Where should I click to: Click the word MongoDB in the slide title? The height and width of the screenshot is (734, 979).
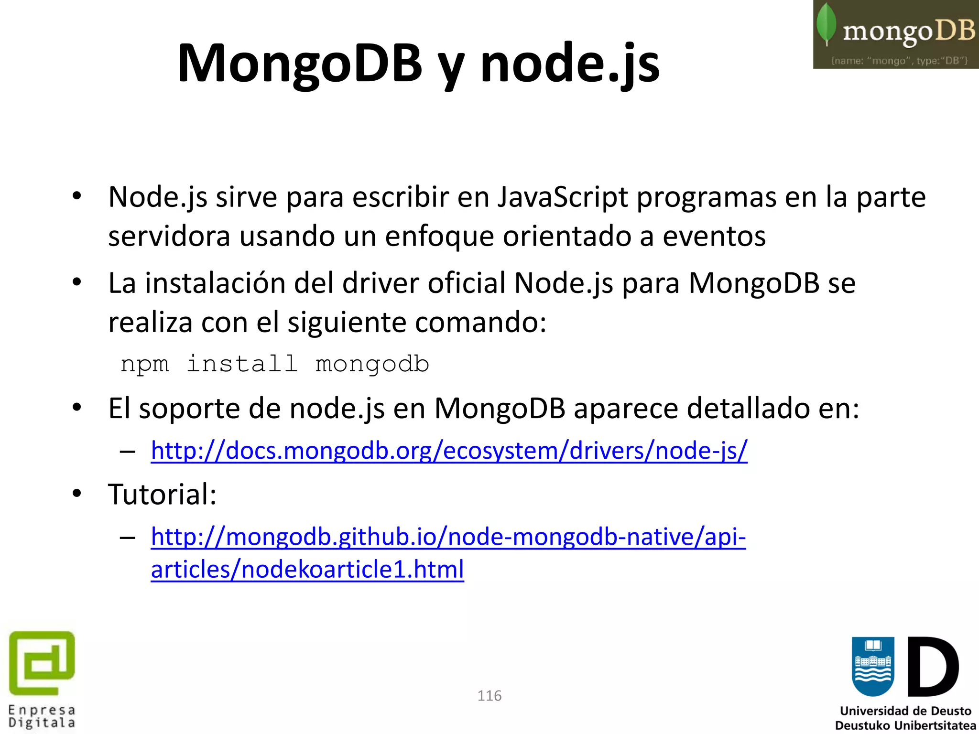coord(300,64)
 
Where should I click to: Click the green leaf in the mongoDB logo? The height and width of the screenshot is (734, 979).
coord(826,24)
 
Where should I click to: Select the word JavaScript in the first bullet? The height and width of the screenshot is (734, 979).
coord(563,197)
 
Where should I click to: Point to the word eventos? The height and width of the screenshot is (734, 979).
coord(714,236)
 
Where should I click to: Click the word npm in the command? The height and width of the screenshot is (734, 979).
coord(144,364)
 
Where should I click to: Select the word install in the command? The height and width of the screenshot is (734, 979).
coord(242,364)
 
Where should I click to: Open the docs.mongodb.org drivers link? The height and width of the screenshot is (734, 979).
coord(449,451)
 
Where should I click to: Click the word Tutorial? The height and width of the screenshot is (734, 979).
coord(162,494)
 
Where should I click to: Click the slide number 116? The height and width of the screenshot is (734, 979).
coord(489,696)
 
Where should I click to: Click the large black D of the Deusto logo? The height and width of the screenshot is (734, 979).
coord(932,667)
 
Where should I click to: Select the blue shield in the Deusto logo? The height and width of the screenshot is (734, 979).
coord(873,666)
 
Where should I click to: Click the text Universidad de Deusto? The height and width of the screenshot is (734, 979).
coord(905,711)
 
